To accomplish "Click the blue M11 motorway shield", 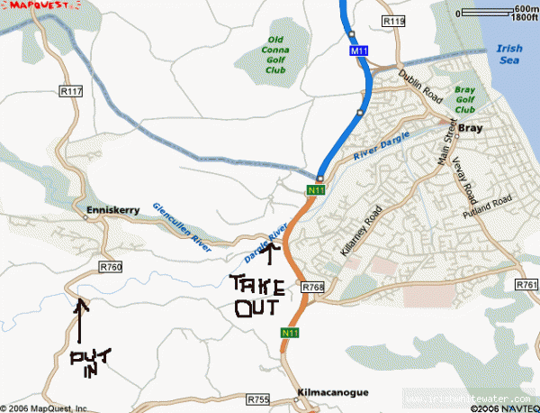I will point(358,54).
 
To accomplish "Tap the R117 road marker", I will point(70,91).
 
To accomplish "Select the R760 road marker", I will point(111,267).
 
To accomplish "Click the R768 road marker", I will point(312,287).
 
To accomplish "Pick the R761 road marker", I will point(527,285).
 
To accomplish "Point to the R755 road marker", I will point(257,398).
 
